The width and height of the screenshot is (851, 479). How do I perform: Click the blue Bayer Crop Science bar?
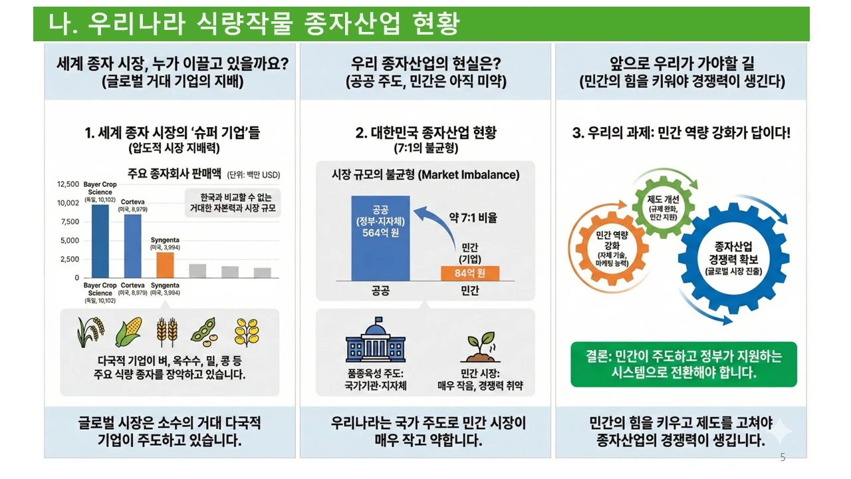coord(100,241)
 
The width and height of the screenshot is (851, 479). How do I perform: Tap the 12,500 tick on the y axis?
coord(68,184)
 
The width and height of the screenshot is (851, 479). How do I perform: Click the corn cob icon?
coord(128,331)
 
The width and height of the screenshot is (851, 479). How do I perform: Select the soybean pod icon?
coord(205,331)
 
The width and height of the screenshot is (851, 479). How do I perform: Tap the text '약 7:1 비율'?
coord(473,218)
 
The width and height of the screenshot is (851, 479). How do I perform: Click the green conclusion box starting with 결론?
coord(683,365)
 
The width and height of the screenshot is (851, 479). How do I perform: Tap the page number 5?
coord(783,458)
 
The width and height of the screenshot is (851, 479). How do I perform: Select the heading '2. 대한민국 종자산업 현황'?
coord(425,132)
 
